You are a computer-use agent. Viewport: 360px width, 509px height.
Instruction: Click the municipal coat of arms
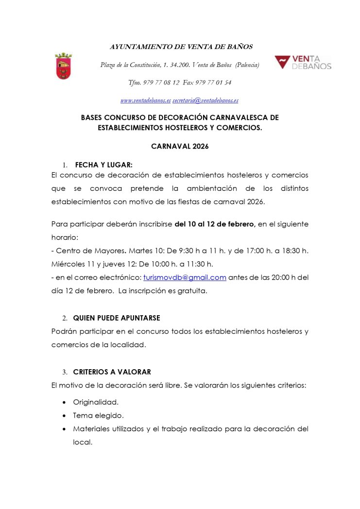(63, 67)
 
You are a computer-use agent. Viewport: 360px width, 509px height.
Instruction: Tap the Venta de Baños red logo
(303, 63)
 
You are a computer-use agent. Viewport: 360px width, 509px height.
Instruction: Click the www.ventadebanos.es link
(145, 101)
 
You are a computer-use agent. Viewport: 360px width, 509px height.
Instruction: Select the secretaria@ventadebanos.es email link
(205, 101)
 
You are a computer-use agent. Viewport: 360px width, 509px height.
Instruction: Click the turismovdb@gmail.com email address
(185, 277)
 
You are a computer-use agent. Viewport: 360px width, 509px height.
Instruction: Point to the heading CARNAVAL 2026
(180, 146)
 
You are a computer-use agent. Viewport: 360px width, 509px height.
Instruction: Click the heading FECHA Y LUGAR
(103, 165)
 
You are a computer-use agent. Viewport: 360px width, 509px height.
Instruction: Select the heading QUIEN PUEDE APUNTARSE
(117, 318)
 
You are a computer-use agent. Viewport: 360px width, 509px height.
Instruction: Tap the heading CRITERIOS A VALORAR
(112, 372)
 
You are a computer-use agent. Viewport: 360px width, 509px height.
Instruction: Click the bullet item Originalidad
(96, 402)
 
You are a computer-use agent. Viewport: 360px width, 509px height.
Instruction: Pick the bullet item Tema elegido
(98, 416)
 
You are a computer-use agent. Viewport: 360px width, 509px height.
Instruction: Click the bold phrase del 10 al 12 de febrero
(215, 224)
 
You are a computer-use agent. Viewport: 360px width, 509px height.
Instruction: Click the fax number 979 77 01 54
(214, 83)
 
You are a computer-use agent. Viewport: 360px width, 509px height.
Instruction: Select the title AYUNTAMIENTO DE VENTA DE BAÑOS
(181, 47)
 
